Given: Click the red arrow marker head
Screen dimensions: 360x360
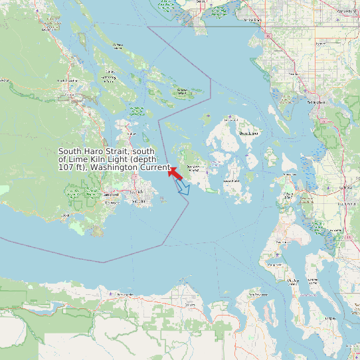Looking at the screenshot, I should click(x=172, y=170).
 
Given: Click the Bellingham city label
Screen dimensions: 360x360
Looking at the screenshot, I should click(x=317, y=103).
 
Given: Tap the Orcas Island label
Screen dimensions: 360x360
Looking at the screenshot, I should click(x=248, y=134).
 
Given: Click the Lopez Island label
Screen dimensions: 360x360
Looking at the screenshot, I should click(x=231, y=180).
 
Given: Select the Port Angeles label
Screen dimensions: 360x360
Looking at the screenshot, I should click(x=125, y=294).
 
